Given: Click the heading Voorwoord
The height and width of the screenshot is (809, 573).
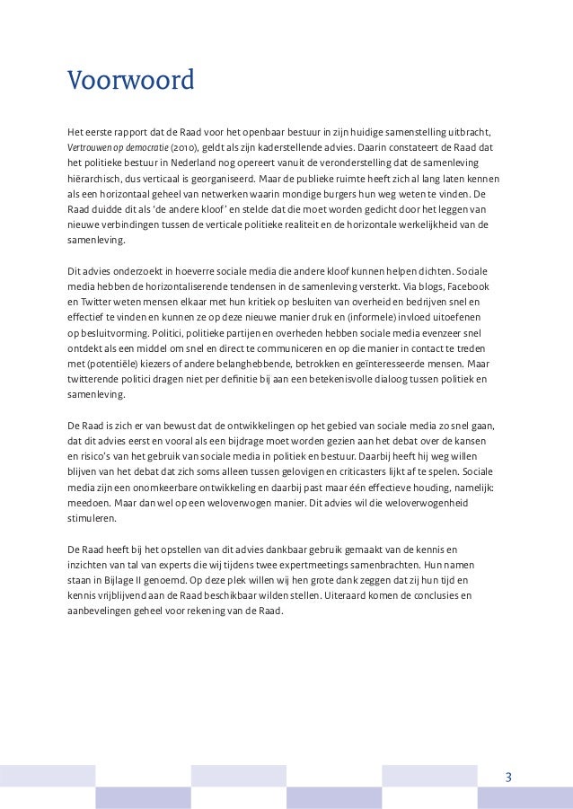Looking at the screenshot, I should pos(131,83).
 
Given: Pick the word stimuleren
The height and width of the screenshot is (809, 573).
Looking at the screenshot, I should pos(92,520).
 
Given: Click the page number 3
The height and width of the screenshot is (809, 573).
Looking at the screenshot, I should pos(508,778).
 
